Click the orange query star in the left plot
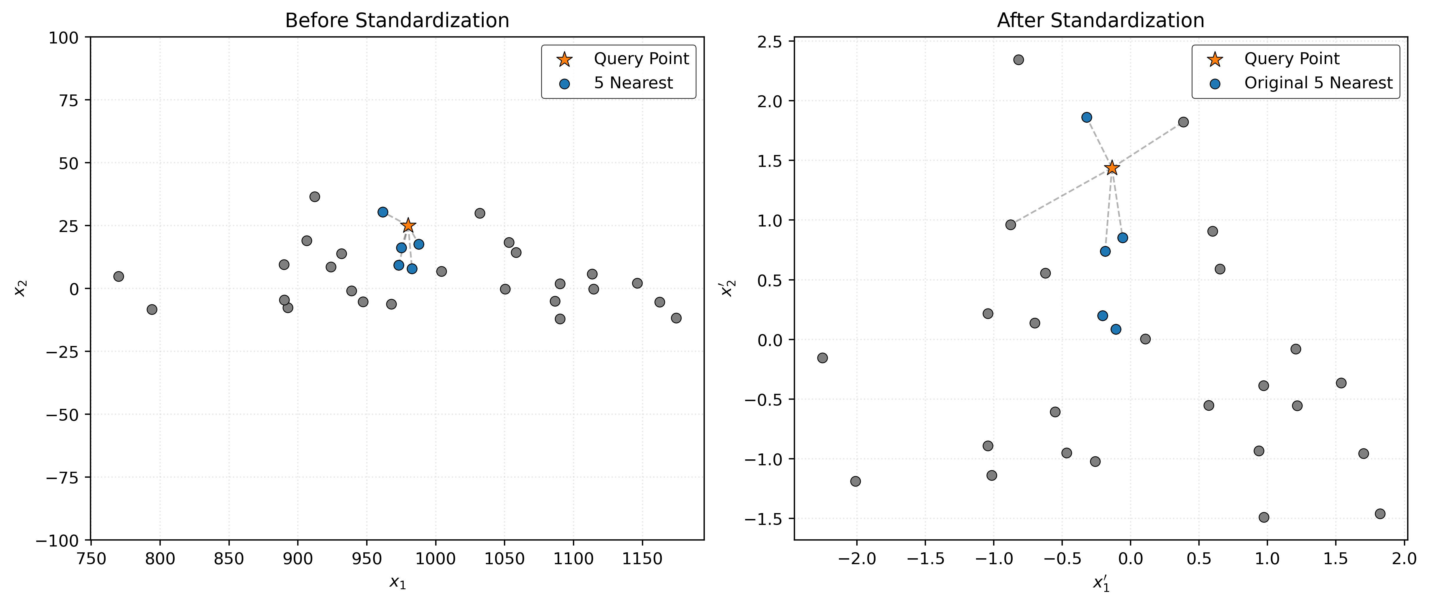(408, 225)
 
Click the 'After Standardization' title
(1101, 21)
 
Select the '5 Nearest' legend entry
(633, 83)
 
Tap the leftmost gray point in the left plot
(118, 276)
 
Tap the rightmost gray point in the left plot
(676, 318)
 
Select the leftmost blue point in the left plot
(383, 212)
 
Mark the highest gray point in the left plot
(315, 197)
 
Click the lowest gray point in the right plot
(1264, 518)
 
